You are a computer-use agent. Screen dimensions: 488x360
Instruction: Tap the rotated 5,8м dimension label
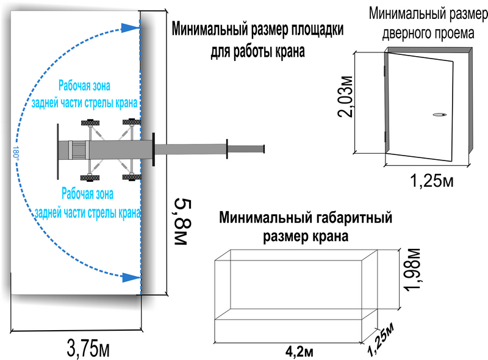(182, 221)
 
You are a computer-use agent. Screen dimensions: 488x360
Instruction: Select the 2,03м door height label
(345, 96)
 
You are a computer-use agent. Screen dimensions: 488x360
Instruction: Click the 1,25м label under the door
(432, 181)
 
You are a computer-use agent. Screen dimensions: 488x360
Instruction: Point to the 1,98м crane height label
(412, 270)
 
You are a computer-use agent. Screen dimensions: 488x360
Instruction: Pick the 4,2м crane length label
(299, 352)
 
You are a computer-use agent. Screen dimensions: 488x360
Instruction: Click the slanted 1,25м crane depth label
(381, 340)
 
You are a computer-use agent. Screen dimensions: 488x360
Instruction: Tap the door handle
(439, 115)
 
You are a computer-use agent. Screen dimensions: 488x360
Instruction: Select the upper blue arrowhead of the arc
(130, 27)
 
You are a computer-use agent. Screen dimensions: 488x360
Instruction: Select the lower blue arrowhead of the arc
(131, 277)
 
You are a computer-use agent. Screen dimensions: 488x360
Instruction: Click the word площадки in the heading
(317, 30)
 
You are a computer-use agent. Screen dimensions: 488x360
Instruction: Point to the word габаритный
(354, 218)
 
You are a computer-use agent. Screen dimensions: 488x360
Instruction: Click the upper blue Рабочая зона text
(84, 85)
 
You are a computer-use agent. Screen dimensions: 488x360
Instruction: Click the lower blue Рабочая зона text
(87, 193)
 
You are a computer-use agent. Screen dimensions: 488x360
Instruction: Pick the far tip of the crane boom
(264, 149)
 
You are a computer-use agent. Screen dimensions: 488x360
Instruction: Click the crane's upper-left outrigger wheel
(90, 123)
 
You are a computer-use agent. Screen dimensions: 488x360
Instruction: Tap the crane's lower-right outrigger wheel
(132, 178)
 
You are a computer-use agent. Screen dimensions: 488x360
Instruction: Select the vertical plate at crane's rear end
(58, 151)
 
